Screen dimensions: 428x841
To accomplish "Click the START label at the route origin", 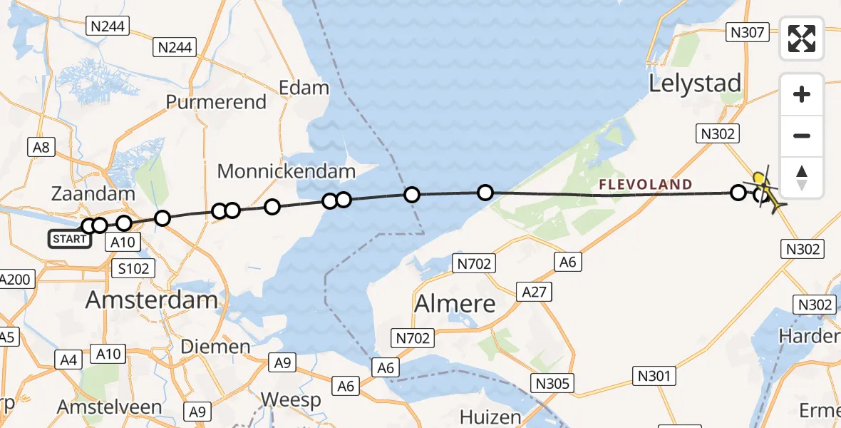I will point(69,239).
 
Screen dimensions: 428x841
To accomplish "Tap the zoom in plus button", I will point(802,95).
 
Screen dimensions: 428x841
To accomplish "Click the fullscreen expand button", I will point(802,39).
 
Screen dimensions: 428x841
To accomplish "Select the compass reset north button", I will point(802,178).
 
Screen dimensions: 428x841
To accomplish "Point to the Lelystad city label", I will point(695,83).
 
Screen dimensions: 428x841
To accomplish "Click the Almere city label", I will point(455,304).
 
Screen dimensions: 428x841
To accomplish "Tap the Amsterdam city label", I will point(151,300).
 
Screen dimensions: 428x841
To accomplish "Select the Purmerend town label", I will point(216,102).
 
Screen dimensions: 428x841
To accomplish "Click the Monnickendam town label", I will point(287,171).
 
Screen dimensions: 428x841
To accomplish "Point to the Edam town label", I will point(304,88).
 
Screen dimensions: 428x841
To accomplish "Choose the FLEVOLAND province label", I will point(645,185).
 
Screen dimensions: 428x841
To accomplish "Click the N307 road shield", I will point(747,32).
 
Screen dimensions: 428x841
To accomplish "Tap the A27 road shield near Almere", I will point(535,291).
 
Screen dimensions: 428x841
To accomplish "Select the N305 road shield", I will point(552,384).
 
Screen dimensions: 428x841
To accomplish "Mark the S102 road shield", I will point(133,268).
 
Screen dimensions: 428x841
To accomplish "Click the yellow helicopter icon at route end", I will point(768,188).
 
